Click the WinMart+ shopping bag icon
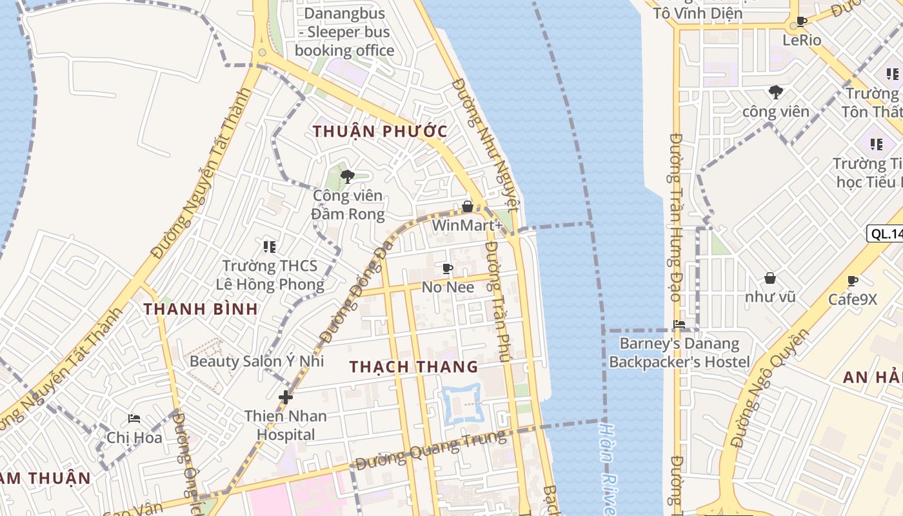point(468,206)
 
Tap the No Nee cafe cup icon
point(448,268)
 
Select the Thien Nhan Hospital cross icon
point(285,397)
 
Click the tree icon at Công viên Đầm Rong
point(348,176)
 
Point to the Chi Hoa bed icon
point(134,419)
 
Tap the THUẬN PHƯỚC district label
point(380,131)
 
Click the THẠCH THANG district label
point(413,367)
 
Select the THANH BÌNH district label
point(201,309)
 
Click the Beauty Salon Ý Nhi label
point(256,361)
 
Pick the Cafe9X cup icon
point(853,281)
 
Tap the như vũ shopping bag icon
point(769,278)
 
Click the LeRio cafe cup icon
point(802,21)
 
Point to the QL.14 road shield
point(886,233)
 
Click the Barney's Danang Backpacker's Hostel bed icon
point(679,324)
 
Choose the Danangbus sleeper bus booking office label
point(344,32)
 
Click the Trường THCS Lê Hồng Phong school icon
point(270,246)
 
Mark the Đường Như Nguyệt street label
point(485,144)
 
